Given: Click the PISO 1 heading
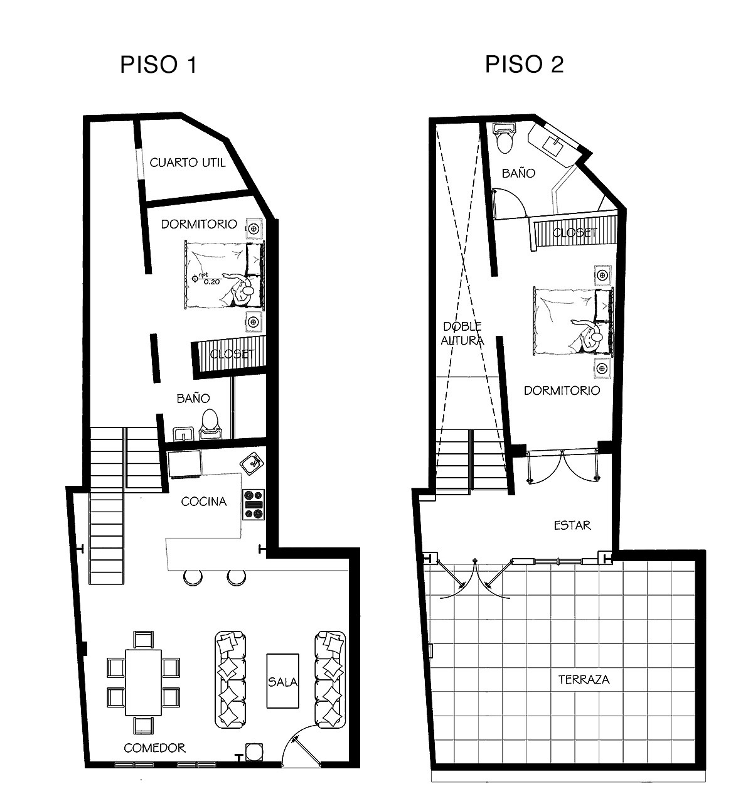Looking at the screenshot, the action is click(x=158, y=65).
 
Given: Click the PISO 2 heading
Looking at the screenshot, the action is click(x=524, y=65).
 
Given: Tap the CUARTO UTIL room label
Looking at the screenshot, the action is click(x=188, y=163).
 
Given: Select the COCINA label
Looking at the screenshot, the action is click(x=204, y=502).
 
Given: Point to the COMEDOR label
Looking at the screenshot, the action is click(x=154, y=748).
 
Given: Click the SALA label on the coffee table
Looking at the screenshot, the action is click(x=283, y=682).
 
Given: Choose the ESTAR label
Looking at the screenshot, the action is click(x=572, y=525).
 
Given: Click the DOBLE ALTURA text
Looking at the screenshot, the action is click(x=462, y=333).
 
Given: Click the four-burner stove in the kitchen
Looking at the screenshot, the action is click(x=254, y=505).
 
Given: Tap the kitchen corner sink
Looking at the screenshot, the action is click(x=252, y=463).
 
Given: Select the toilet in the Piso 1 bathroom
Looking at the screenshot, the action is click(x=210, y=424).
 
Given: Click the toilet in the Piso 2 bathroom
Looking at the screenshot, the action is click(x=505, y=138).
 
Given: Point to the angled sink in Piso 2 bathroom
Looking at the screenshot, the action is click(x=554, y=144).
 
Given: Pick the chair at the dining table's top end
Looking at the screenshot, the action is click(x=143, y=640).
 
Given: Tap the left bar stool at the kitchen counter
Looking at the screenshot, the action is click(x=193, y=577).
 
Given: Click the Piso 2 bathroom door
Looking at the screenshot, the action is click(x=509, y=203).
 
